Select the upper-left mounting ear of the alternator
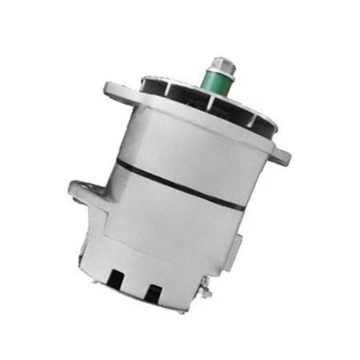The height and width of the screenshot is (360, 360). pyautogui.click(x=115, y=94)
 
